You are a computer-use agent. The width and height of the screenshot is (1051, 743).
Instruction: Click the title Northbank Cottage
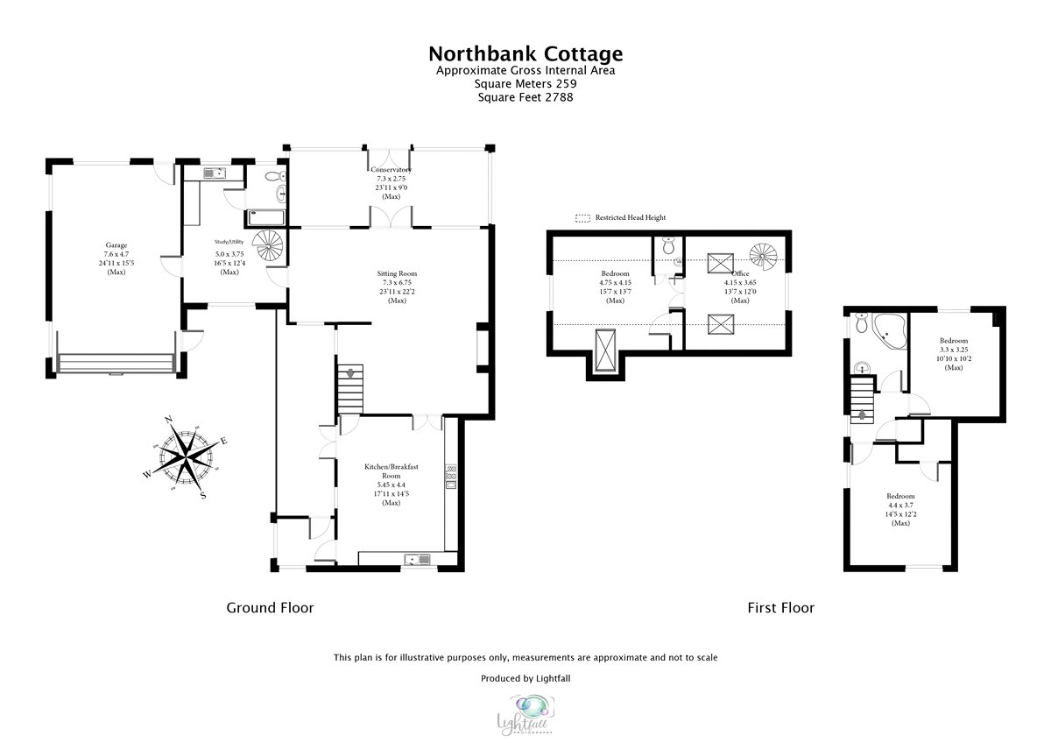[525, 54]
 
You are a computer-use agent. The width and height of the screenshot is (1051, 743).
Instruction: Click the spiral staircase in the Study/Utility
[268, 246]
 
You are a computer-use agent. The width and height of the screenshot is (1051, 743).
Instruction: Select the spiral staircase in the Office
[765, 256]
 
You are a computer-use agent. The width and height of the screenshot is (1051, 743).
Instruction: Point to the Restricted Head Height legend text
[631, 217]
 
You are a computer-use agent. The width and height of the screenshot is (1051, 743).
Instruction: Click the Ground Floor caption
[270, 607]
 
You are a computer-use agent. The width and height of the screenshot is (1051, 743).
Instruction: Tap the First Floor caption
[780, 607]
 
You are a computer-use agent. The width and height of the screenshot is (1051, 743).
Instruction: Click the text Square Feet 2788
[525, 97]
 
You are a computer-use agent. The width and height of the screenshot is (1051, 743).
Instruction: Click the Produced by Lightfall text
[525, 678]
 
